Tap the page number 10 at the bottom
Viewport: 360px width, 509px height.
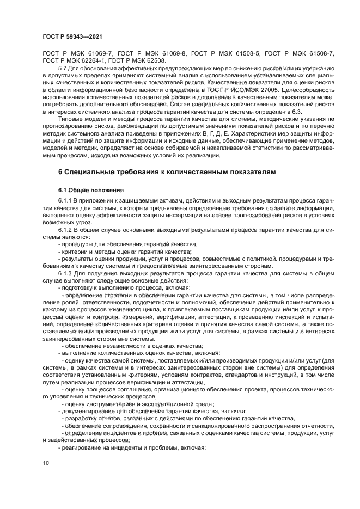pos(45,463)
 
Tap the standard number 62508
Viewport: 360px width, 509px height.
pos(154,60)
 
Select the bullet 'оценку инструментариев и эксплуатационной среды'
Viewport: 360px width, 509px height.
pos(139,403)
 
